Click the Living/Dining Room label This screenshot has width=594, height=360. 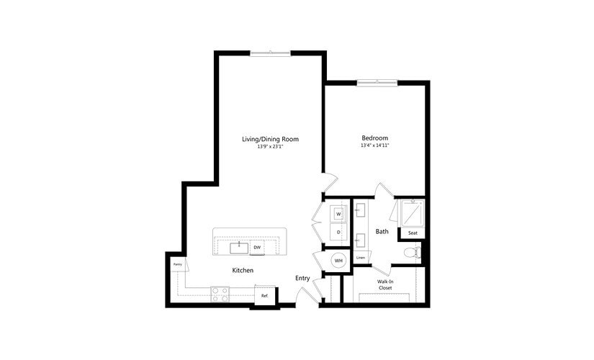click(270, 139)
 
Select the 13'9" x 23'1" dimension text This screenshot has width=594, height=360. click(270, 146)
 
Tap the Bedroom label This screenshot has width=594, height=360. click(374, 138)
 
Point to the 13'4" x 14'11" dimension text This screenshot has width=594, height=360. click(374, 145)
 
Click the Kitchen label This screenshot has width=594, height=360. click(242, 270)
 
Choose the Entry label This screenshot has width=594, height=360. click(302, 278)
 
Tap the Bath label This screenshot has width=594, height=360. click(382, 232)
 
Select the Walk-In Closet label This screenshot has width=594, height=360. click(385, 284)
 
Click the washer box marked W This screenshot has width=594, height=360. click(338, 215)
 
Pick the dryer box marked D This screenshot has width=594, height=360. click(338, 232)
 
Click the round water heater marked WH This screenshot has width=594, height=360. click(338, 260)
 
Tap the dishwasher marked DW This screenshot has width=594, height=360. click(257, 248)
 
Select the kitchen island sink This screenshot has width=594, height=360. click(238, 248)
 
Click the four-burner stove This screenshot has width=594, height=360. click(220, 294)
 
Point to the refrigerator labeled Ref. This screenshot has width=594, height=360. click(264, 295)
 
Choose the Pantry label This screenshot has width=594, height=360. click(176, 264)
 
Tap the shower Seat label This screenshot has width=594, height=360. click(413, 233)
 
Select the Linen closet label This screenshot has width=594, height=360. click(361, 258)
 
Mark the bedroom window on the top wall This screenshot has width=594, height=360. click(377, 82)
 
